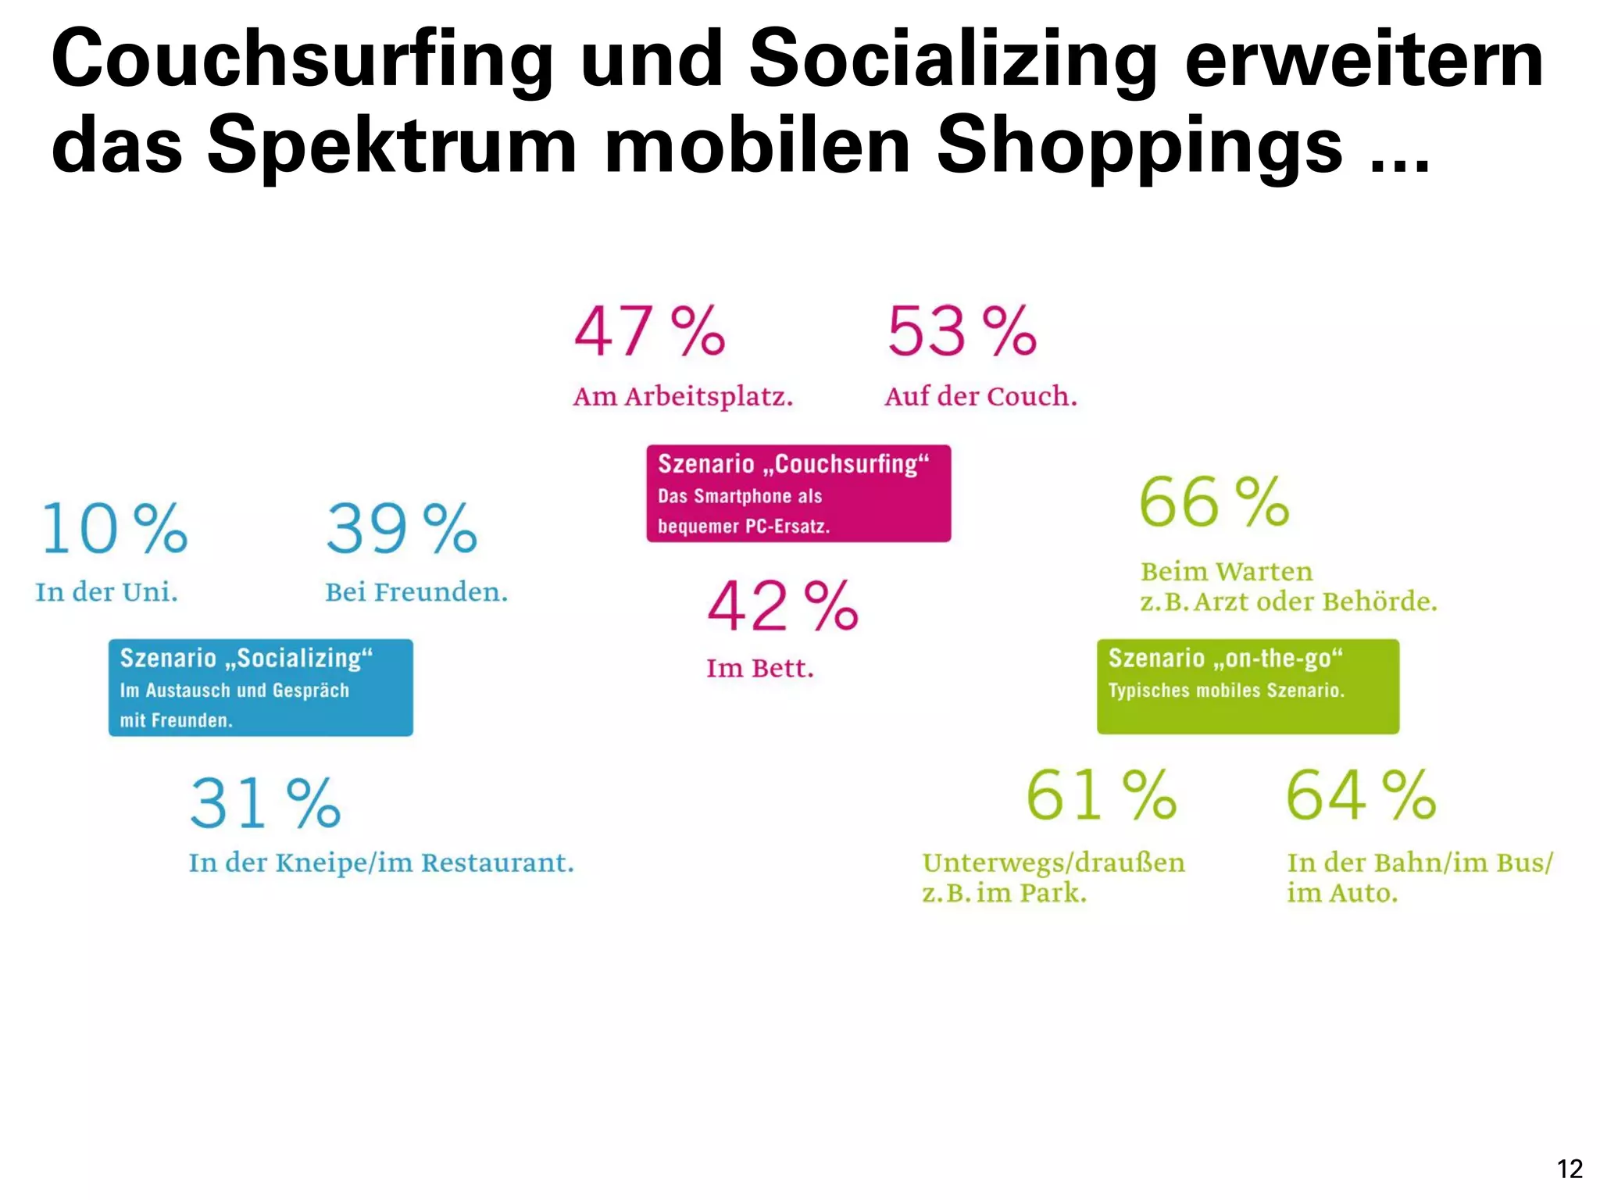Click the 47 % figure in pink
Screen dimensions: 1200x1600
[x=649, y=331]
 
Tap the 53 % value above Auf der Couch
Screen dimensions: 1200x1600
[x=962, y=331]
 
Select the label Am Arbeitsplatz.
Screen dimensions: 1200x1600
[x=683, y=397]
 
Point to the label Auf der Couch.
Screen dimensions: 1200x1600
[x=980, y=397]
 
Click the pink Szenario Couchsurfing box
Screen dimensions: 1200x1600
[x=798, y=494]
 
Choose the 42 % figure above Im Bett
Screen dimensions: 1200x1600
[x=783, y=606]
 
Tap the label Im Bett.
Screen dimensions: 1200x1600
[x=760, y=669]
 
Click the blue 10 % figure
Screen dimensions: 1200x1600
[x=114, y=529]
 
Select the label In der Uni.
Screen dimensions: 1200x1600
[x=107, y=592]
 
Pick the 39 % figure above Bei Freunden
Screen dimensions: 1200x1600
[x=402, y=529]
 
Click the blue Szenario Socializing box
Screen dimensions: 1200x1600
[x=260, y=687]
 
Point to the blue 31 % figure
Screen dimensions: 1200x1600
[x=266, y=803]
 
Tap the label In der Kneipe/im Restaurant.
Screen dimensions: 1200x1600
[x=381, y=863]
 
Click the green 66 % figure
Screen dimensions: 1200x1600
[x=1214, y=502]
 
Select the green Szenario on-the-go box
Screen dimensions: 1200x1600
[x=1248, y=686]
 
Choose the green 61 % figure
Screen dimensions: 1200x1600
[x=1101, y=795]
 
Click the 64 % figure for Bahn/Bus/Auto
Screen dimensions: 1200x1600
[x=1361, y=795]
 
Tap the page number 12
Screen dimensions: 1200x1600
[x=1570, y=1169]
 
